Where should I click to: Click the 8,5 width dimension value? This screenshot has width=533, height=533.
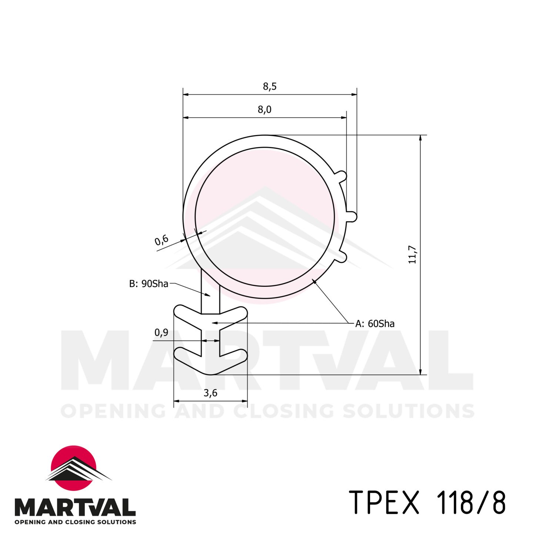coord(269,87)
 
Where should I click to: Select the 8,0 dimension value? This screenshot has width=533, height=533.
coord(264,110)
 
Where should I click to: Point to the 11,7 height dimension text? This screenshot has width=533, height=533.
coord(412,255)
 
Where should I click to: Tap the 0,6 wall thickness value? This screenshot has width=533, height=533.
coord(161,240)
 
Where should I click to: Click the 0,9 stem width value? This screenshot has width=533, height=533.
coord(161,332)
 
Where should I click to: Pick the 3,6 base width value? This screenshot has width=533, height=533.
coord(210,393)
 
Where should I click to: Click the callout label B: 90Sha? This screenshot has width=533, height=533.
coord(148,284)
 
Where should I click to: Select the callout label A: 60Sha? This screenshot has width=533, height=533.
coord(375,324)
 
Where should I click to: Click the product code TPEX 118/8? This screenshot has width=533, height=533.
coord(427,502)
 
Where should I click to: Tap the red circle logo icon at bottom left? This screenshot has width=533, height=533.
coord(74,468)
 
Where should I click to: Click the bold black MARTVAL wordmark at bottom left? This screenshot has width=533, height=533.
coord(75,507)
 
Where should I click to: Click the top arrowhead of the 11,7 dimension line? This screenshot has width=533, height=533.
coord(420,138)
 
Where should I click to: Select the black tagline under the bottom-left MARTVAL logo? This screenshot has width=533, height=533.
coord(75,522)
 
